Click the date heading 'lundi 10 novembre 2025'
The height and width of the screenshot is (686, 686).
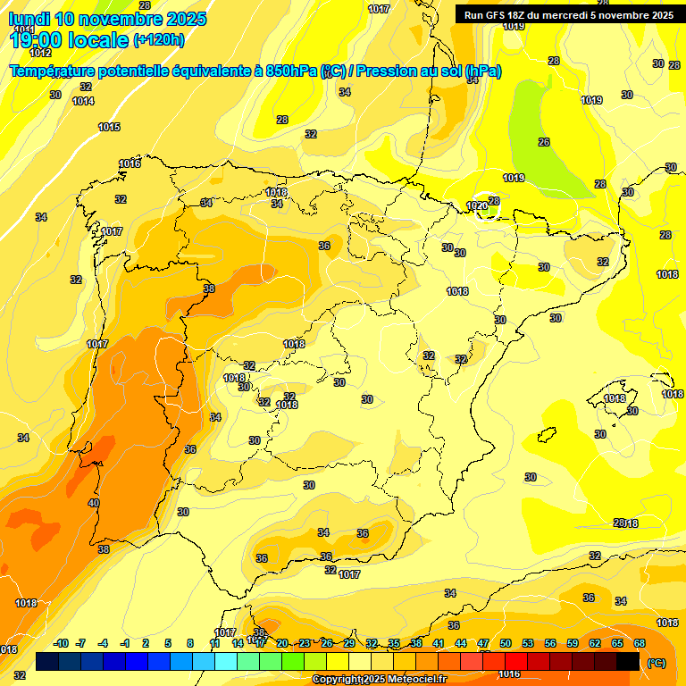point(107,19)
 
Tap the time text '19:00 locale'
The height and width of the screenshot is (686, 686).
point(69,39)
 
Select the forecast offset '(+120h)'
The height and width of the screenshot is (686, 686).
point(159,40)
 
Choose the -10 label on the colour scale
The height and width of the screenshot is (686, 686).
point(61,643)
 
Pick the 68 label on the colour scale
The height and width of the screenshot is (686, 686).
point(640,643)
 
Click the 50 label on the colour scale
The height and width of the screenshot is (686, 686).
point(506,643)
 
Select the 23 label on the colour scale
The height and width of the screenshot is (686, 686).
point(305,643)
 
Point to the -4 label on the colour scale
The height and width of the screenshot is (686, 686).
point(103,643)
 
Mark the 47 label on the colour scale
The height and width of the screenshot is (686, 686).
point(483,643)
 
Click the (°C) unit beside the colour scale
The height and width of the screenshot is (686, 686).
point(657,663)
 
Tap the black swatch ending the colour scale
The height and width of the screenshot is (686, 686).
point(628,661)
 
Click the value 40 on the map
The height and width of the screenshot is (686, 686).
point(94,504)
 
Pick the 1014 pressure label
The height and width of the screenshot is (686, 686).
point(83,102)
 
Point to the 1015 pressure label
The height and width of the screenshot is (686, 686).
point(109,128)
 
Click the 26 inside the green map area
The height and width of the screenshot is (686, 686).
point(544,142)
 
